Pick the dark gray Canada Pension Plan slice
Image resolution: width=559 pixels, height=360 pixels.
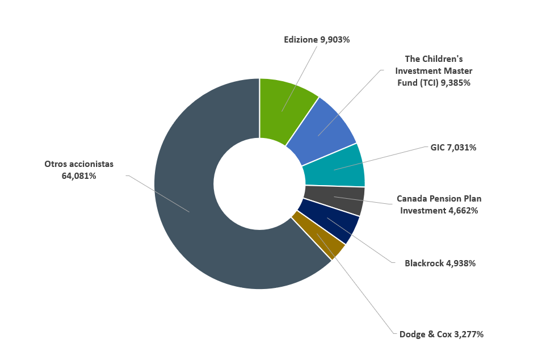pyautogui.click(x=335, y=199)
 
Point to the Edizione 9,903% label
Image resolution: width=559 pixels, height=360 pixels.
pyautogui.click(x=317, y=40)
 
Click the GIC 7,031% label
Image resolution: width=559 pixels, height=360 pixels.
pyautogui.click(x=453, y=148)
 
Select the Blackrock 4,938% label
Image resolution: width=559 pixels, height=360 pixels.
pyautogui.click(x=440, y=263)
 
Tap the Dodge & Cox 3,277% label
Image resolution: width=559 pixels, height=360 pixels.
pyautogui.click(x=442, y=334)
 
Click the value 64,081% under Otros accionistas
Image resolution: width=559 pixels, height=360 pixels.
pyautogui.click(x=79, y=176)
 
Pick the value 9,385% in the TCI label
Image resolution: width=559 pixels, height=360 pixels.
pyautogui.click(x=456, y=82)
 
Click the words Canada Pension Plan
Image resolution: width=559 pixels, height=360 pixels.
pyautogui.click(x=439, y=199)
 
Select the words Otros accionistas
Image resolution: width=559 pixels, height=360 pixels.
pyautogui.click(x=79, y=164)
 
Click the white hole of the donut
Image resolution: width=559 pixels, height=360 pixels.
pyautogui.click(x=259, y=183)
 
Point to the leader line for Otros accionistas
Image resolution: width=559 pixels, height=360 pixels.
pyautogui.click(x=159, y=194)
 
